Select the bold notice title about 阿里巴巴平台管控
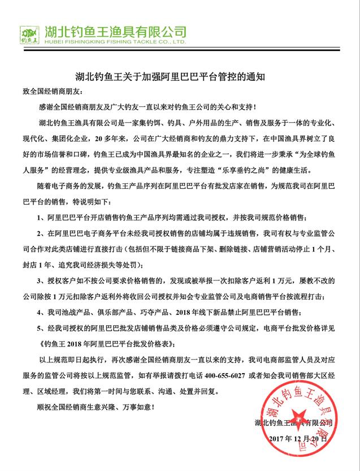click(179, 75)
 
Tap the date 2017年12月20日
click(299, 438)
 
